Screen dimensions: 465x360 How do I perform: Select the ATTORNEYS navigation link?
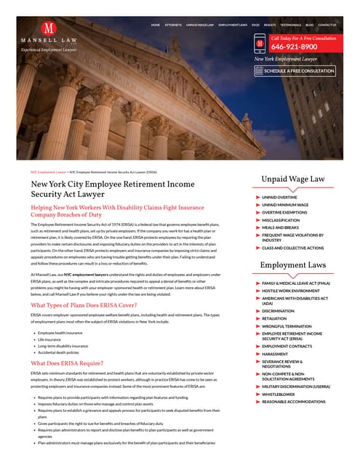coord(173,25)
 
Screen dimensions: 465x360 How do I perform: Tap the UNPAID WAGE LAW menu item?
coord(200,25)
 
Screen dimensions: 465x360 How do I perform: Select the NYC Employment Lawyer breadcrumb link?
coord(48,172)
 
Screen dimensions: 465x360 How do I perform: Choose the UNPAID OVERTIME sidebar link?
coord(279,197)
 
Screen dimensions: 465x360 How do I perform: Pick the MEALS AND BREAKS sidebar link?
coord(281,228)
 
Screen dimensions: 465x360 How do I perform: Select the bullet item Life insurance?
coord(50,339)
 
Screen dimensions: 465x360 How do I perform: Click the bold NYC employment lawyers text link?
coord(90,275)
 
